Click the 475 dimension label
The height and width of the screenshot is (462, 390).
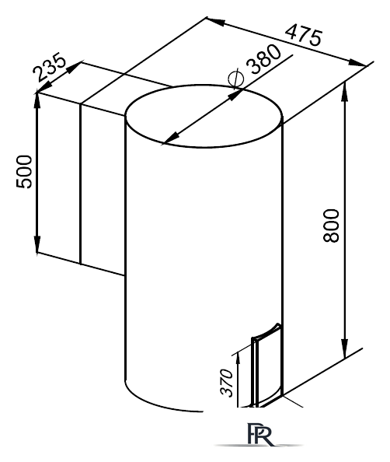coord(304,35)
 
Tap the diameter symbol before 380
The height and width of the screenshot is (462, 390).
coord(236,78)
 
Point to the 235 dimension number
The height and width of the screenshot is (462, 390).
coord(49,67)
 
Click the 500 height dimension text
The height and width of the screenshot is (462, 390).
coord(24,172)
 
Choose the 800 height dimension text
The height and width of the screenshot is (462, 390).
coord(331,226)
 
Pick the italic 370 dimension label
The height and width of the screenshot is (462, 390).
coord(227,383)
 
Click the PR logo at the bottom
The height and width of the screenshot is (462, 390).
coord(259,435)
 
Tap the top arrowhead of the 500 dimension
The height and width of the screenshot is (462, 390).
coord(37,101)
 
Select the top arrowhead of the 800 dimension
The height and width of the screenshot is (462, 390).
coord(344,92)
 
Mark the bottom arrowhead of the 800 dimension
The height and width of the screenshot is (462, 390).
coord(344,349)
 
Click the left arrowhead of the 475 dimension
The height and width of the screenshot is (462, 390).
coord(216,22)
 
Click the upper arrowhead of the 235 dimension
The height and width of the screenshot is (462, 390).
coord(74,68)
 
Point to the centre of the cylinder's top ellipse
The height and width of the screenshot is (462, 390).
coord(204,116)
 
